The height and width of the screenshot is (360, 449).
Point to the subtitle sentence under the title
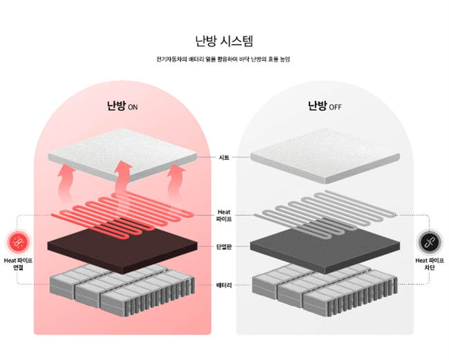click(x=224, y=59)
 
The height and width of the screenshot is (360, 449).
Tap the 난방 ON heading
click(x=122, y=106)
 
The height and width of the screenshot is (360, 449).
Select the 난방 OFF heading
click(x=324, y=106)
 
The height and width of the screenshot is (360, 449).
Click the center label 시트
click(x=223, y=157)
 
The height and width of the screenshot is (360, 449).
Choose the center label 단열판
click(x=223, y=246)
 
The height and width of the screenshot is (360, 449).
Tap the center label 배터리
click(x=223, y=284)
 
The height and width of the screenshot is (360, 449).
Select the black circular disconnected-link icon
click(x=430, y=242)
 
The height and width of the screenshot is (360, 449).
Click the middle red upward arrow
click(x=122, y=177)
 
